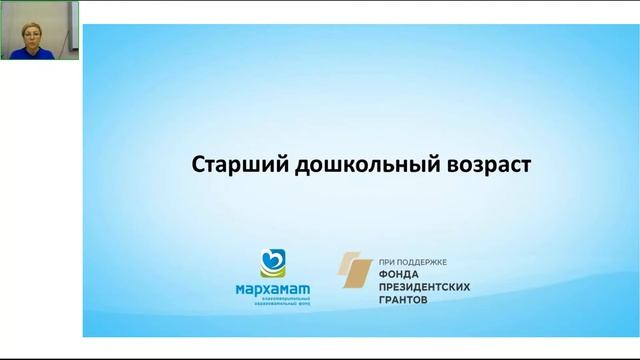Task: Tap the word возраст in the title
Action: pos(480,164)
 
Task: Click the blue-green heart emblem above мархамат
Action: pos(271,262)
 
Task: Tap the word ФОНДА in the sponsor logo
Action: pos(401,273)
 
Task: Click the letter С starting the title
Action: pos(197,164)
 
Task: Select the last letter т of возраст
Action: pos(523,164)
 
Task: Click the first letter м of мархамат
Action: pos(235,290)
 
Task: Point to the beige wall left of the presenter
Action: pos(5,30)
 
